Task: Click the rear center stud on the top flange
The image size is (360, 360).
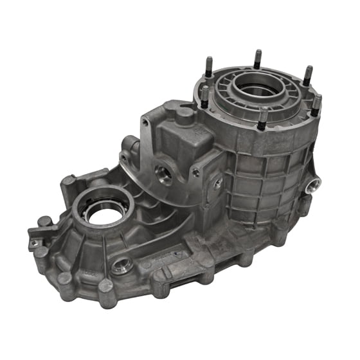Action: click(x=257, y=59)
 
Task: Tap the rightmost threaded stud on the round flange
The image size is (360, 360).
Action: click(x=316, y=105)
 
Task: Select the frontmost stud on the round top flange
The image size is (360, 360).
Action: click(x=263, y=120)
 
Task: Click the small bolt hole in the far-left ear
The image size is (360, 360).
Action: click(x=34, y=242)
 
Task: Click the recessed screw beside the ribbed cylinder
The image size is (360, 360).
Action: click(x=219, y=183)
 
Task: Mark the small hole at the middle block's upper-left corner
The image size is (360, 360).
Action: click(x=147, y=120)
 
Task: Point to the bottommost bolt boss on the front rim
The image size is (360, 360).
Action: click(x=105, y=285)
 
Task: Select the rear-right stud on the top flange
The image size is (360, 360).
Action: click(x=307, y=75)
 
